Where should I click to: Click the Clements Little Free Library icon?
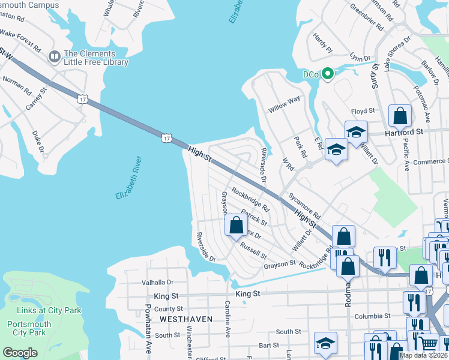(55, 56)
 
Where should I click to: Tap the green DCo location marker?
(327, 74)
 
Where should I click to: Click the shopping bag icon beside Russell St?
(236, 225)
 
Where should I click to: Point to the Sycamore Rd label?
(304, 206)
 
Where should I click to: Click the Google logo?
(20, 352)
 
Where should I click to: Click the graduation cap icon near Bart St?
(325, 343)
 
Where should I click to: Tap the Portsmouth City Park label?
(30, 328)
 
